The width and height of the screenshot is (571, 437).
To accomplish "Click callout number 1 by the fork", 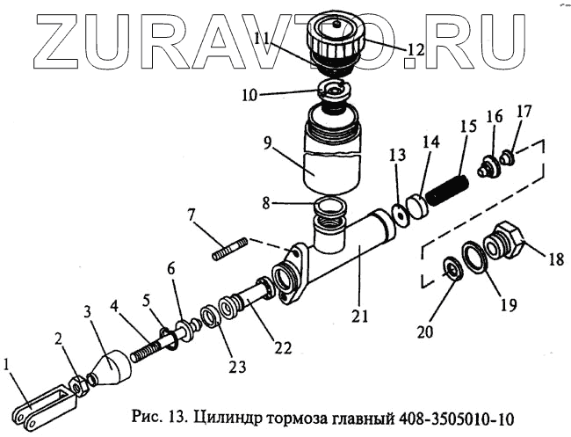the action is (7, 363).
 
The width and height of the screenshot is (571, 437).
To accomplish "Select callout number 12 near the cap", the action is (415, 50).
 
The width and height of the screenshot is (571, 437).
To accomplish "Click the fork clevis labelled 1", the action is (40, 407).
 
